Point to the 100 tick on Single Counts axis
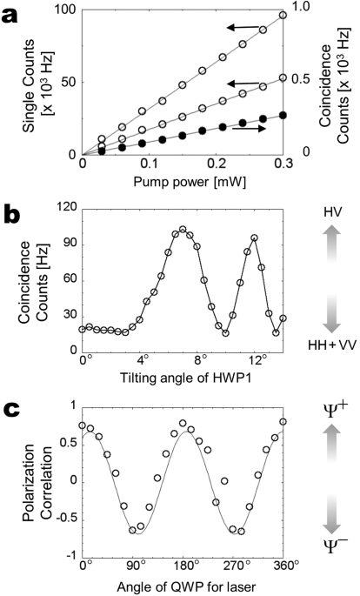pyautogui.click(x=66, y=9)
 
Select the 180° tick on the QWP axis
pyautogui.click(x=183, y=563)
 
